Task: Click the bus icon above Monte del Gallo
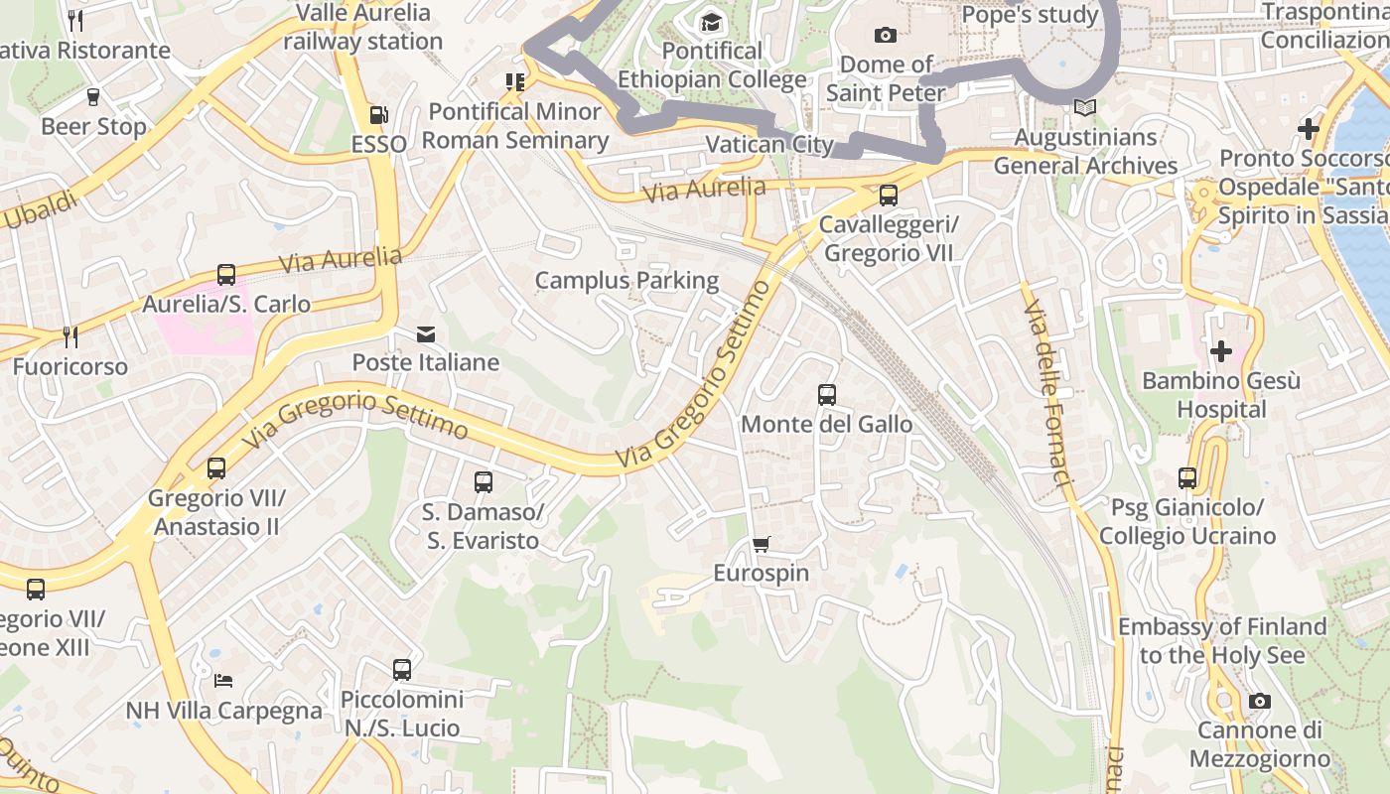tap(827, 395)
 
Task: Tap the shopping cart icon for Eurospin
tap(761, 544)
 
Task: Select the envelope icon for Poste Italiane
tap(426, 333)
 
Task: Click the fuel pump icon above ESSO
tap(378, 115)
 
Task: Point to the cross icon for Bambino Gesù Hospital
tap(1221, 350)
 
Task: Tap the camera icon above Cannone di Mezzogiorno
tap(1260, 701)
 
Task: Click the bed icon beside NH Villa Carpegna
tap(223, 681)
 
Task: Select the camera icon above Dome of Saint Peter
tap(886, 36)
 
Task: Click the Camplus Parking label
tap(626, 280)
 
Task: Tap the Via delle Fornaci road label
tap(1048, 392)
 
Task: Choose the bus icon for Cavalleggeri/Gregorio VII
tap(889, 196)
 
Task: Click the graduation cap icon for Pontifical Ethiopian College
tap(712, 22)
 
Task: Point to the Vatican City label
tap(768, 144)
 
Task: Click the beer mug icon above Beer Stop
tap(93, 97)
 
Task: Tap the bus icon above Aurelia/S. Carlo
tap(226, 275)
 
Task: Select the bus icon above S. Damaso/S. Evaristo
tap(484, 482)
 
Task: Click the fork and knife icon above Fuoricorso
tap(69, 337)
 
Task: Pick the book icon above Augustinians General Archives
tap(1085, 107)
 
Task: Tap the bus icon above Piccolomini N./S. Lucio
tap(402, 670)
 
